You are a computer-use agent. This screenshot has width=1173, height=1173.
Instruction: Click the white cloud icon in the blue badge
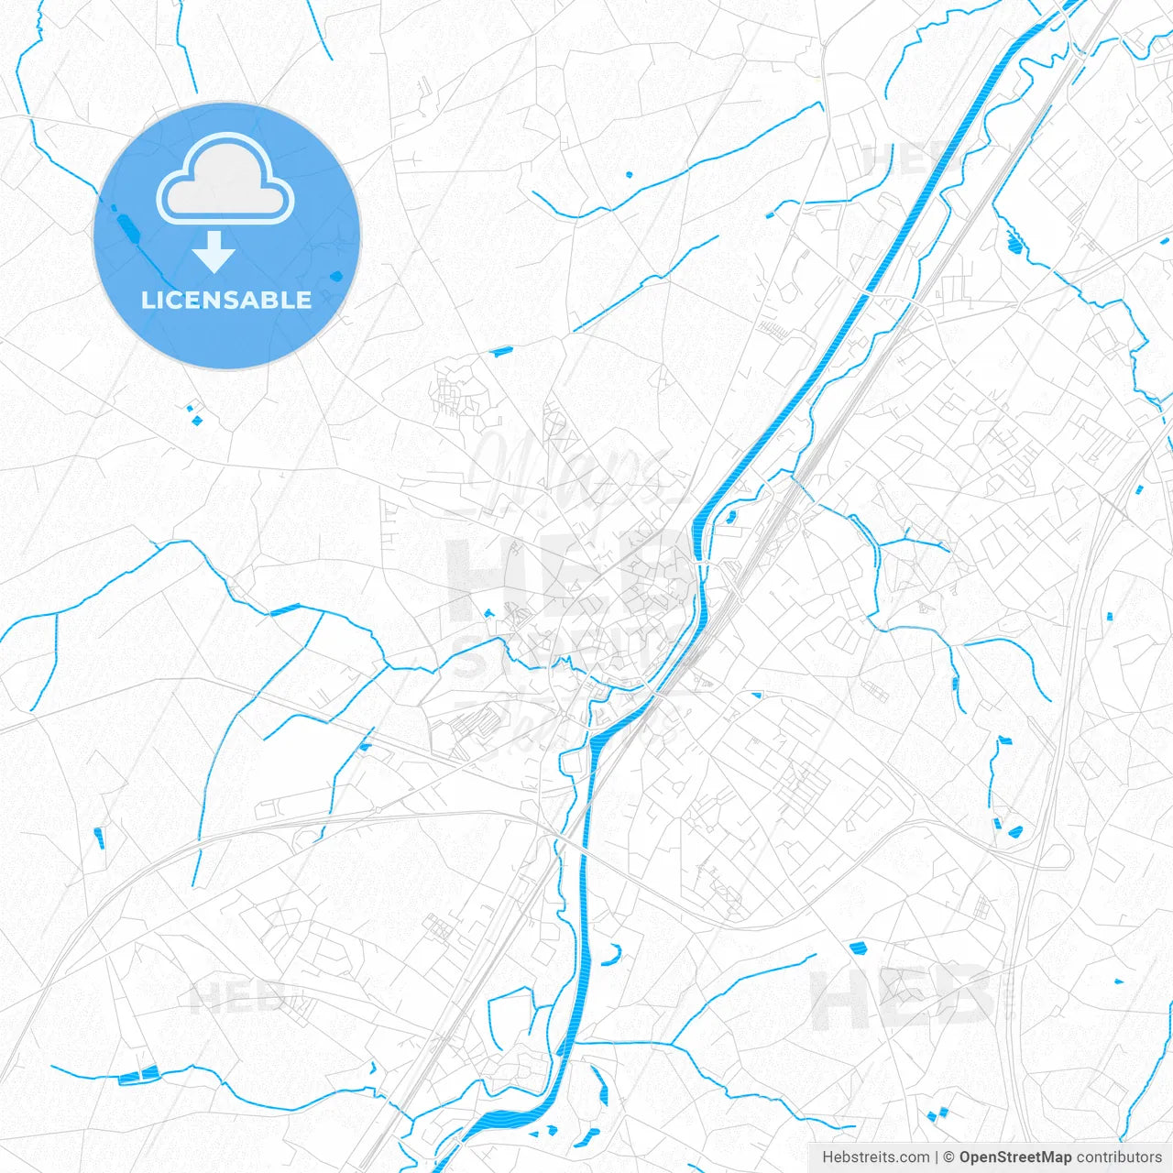[x=225, y=180]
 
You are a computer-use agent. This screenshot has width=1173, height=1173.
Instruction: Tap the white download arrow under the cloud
[x=214, y=251]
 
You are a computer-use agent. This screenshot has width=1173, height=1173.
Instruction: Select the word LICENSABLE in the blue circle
[x=226, y=300]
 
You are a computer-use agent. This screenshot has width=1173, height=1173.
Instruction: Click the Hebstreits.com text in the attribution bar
[x=876, y=1157]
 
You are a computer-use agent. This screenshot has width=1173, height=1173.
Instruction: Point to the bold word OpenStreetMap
[x=1014, y=1157]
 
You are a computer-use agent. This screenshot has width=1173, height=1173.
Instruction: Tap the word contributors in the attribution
[x=1119, y=1157]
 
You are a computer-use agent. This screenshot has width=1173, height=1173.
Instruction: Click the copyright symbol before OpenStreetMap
[x=949, y=1157]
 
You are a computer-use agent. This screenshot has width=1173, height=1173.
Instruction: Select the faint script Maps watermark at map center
[x=568, y=467]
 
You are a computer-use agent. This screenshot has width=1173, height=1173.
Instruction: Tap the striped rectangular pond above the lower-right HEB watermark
[x=859, y=948]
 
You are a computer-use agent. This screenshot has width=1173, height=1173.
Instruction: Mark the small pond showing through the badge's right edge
[x=335, y=275]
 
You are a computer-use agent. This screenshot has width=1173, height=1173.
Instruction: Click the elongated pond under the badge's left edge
[x=126, y=227]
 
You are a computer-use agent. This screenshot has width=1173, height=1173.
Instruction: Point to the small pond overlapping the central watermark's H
[x=488, y=614]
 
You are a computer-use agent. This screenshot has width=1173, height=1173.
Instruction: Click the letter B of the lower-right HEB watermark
[x=962, y=997]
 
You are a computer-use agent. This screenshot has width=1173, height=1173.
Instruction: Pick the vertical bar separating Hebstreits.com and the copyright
[x=937, y=1157]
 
